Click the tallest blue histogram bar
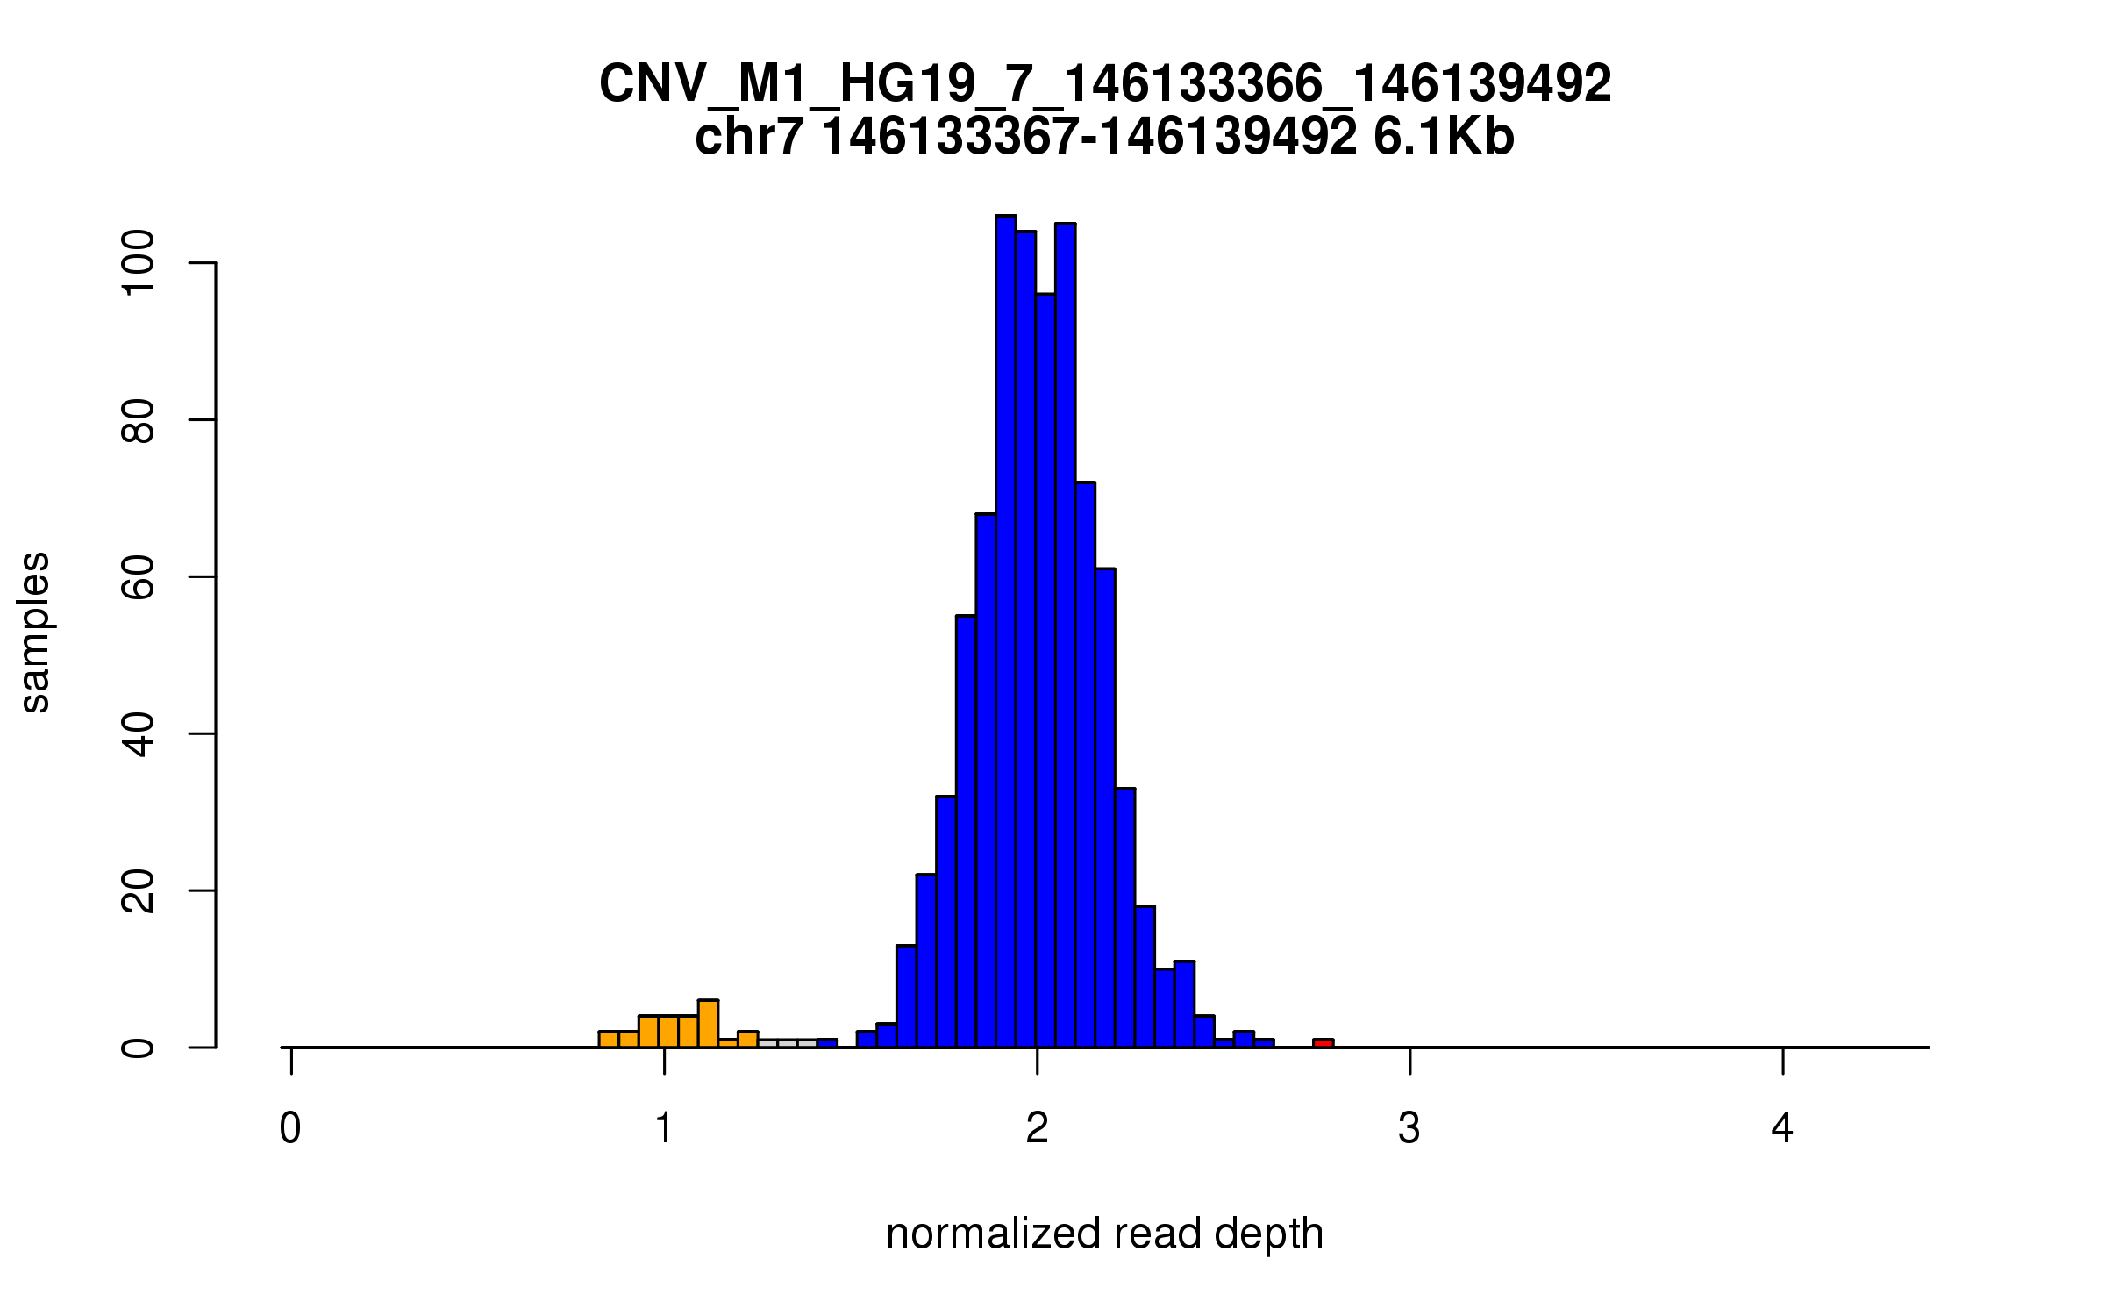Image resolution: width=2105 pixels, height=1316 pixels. pyautogui.click(x=1005, y=632)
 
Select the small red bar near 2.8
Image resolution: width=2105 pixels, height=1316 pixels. pyautogui.click(x=1323, y=1042)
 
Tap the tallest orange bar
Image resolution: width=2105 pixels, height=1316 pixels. pyautogui.click(x=708, y=1024)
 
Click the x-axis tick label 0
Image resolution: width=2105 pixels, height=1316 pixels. pyautogui.click(x=290, y=1128)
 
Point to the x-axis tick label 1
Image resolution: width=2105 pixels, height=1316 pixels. pyautogui.click(x=664, y=1128)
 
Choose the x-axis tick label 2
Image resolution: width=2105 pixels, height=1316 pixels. pyautogui.click(x=1037, y=1128)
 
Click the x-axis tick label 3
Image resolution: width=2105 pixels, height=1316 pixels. pyautogui.click(x=1409, y=1128)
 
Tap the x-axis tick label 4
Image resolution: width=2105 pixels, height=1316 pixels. pyautogui.click(x=1782, y=1128)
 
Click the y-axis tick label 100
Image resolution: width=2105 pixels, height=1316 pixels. pyautogui.click(x=138, y=263)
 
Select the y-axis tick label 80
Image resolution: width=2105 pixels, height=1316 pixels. pyautogui.click(x=138, y=420)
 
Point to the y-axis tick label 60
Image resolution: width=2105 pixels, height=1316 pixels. pyautogui.click(x=138, y=577)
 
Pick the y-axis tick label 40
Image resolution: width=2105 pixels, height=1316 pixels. pyautogui.click(x=138, y=734)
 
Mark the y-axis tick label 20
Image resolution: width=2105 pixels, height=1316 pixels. pyautogui.click(x=138, y=890)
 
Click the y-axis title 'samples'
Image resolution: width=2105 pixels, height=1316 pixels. pyautogui.click(x=35, y=632)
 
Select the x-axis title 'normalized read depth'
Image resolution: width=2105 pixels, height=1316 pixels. pyautogui.click(x=1104, y=1234)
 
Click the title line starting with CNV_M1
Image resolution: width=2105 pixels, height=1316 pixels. pyautogui.click(x=1104, y=84)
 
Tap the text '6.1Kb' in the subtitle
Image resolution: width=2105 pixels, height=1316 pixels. pyautogui.click(x=1444, y=137)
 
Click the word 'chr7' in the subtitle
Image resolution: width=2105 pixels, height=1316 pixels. pyautogui.click(x=748, y=137)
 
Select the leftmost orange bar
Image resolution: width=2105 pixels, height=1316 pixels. pyautogui.click(x=609, y=1039)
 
